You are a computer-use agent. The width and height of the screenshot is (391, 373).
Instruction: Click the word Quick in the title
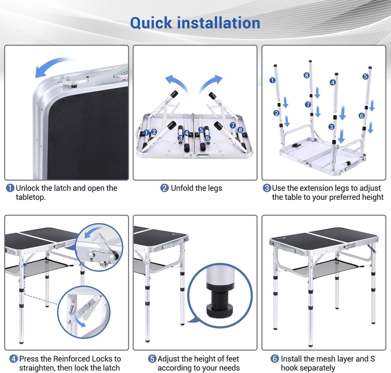coord(151,23)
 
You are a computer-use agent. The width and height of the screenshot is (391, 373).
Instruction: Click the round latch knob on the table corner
coord(74,85)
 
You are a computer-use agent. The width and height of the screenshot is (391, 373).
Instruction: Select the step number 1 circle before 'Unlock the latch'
coord(10,188)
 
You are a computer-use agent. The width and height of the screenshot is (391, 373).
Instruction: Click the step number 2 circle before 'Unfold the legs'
coord(164,188)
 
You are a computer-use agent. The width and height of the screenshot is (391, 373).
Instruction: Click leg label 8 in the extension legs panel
coord(307,75)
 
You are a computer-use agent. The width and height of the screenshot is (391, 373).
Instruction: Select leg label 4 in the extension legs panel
coord(333,83)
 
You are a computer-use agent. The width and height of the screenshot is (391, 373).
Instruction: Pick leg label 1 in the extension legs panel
coord(272,80)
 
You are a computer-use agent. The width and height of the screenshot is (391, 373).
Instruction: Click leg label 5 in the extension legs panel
coord(365,76)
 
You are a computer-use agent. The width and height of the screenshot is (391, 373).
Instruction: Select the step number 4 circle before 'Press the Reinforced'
coord(14,359)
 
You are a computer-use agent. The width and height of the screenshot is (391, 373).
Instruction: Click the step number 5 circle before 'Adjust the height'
coord(152,359)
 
